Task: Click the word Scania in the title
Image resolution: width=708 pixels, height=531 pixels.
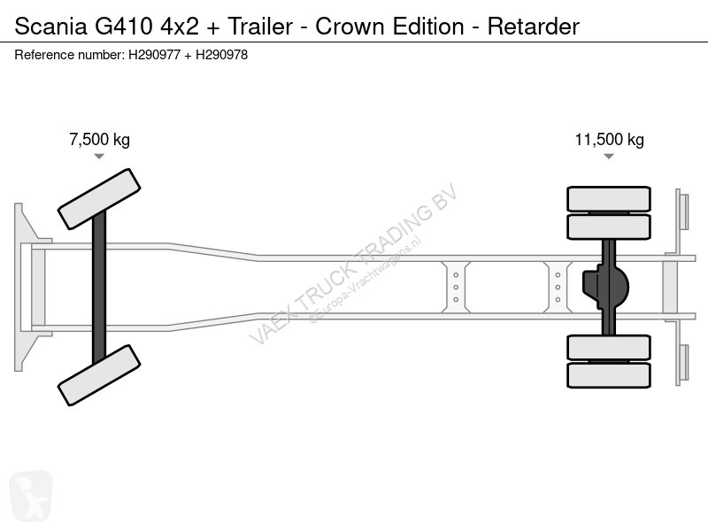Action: tap(50, 27)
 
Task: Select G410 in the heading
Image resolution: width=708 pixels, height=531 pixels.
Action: tap(123, 27)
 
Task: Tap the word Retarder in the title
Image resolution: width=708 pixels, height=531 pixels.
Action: tap(534, 27)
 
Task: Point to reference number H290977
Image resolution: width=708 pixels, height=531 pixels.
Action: tap(154, 55)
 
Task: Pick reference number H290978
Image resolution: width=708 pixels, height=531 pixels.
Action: tap(222, 55)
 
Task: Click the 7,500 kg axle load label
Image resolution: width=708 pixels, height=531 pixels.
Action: tap(99, 140)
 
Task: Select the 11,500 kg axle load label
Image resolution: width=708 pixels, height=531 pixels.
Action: tap(609, 140)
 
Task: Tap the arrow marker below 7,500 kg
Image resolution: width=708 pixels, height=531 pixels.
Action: tap(99, 157)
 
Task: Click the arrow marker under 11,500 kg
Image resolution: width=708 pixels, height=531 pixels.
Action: tap(609, 157)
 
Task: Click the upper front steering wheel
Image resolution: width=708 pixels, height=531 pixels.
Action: tap(99, 199)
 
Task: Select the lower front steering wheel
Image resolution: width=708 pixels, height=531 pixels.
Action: tap(99, 375)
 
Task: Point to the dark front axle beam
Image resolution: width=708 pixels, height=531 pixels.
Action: tap(99, 287)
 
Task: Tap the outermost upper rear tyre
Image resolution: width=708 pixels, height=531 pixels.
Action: tap(609, 198)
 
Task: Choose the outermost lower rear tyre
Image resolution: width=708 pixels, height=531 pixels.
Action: tap(609, 375)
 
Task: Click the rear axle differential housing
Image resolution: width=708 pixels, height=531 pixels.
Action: tap(606, 287)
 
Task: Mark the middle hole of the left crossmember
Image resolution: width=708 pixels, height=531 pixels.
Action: tap(456, 287)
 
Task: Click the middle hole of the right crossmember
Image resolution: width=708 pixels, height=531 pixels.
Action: tap(558, 287)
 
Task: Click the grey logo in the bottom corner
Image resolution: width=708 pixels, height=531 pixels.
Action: tap(31, 496)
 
